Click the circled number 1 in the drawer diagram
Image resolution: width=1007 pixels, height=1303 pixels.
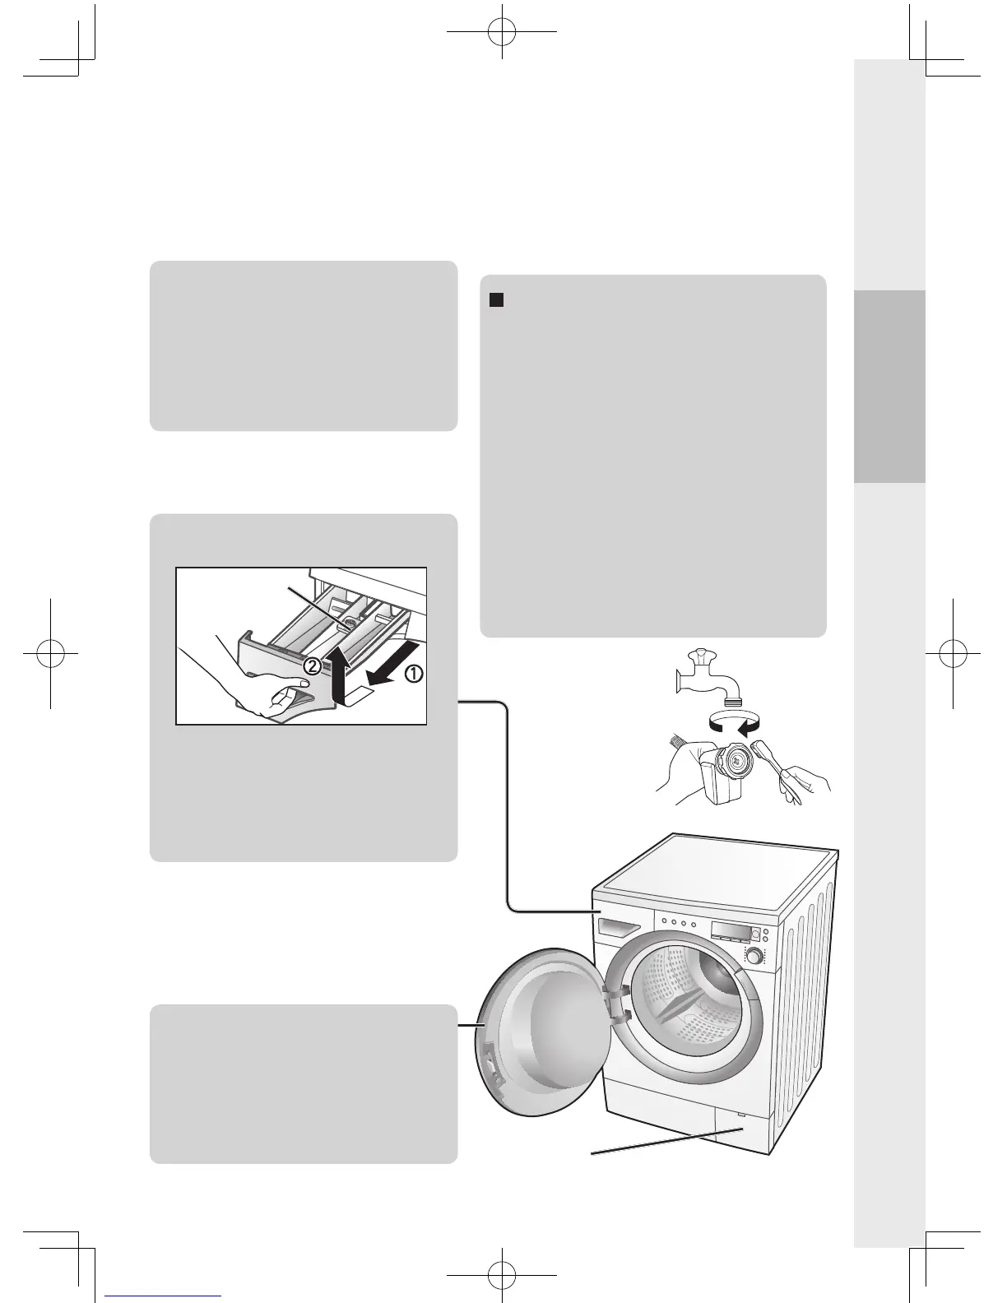click(413, 673)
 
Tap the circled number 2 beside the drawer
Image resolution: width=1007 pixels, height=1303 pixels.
click(313, 668)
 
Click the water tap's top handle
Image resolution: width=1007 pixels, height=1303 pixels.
click(700, 655)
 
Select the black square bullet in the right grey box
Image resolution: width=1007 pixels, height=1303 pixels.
click(496, 300)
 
